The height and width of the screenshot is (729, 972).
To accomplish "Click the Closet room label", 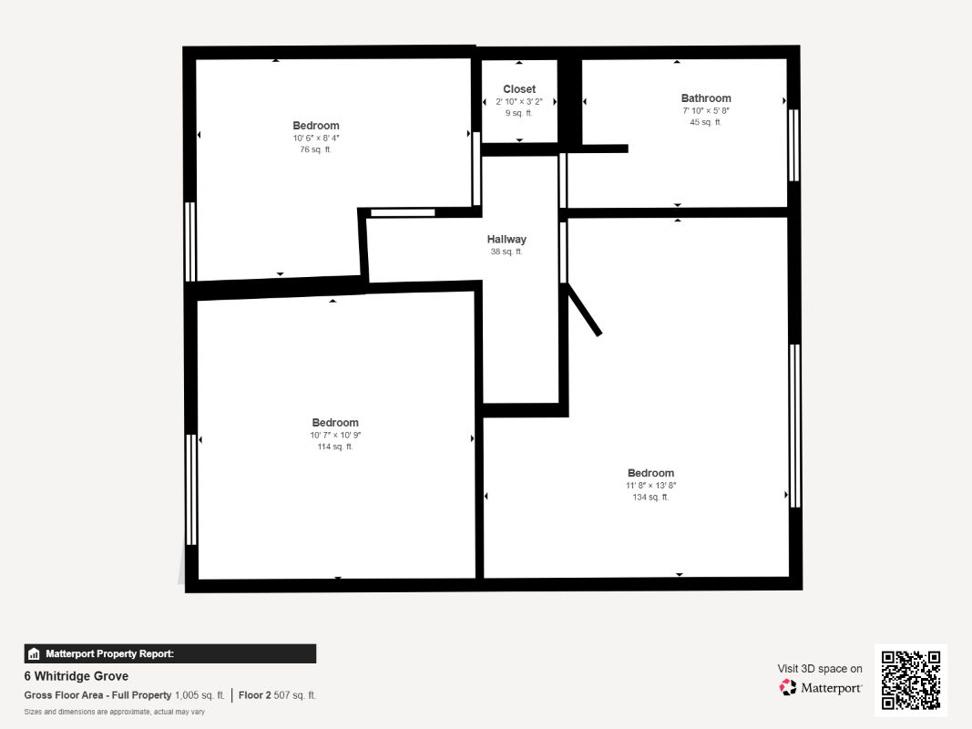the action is click(x=519, y=89).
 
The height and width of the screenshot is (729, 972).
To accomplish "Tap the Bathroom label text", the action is click(x=706, y=98).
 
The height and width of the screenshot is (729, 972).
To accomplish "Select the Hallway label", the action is click(x=506, y=240).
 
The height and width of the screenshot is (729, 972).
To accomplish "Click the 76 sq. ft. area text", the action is click(x=315, y=149).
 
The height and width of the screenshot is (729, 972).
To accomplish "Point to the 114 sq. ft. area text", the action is click(x=334, y=447).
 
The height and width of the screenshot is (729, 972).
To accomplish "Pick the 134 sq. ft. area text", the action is click(x=650, y=498).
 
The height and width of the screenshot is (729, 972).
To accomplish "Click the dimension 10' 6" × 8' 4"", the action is click(x=316, y=139).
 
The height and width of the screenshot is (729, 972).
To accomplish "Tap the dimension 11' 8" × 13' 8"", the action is click(x=651, y=486).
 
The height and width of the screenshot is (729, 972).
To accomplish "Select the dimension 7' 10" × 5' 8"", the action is click(x=706, y=111).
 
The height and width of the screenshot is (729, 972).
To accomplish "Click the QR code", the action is click(x=911, y=680).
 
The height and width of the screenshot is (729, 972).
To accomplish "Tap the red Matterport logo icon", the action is click(x=788, y=687).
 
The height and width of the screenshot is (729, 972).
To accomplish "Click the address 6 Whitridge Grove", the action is click(x=77, y=676).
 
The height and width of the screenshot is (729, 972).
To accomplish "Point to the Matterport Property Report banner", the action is click(x=169, y=654).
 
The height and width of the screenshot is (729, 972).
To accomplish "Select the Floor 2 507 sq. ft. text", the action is click(x=277, y=695).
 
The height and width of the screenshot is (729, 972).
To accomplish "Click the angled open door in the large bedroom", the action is click(x=583, y=309).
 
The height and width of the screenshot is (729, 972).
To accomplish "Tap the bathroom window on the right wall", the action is click(x=793, y=145).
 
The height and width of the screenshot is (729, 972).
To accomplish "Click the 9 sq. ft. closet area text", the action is click(x=519, y=113).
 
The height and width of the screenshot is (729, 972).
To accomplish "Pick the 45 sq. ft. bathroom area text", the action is click(x=705, y=122).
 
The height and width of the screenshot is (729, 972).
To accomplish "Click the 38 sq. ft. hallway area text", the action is click(x=506, y=252).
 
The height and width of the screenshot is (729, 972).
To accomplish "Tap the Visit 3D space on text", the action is click(x=820, y=669).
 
